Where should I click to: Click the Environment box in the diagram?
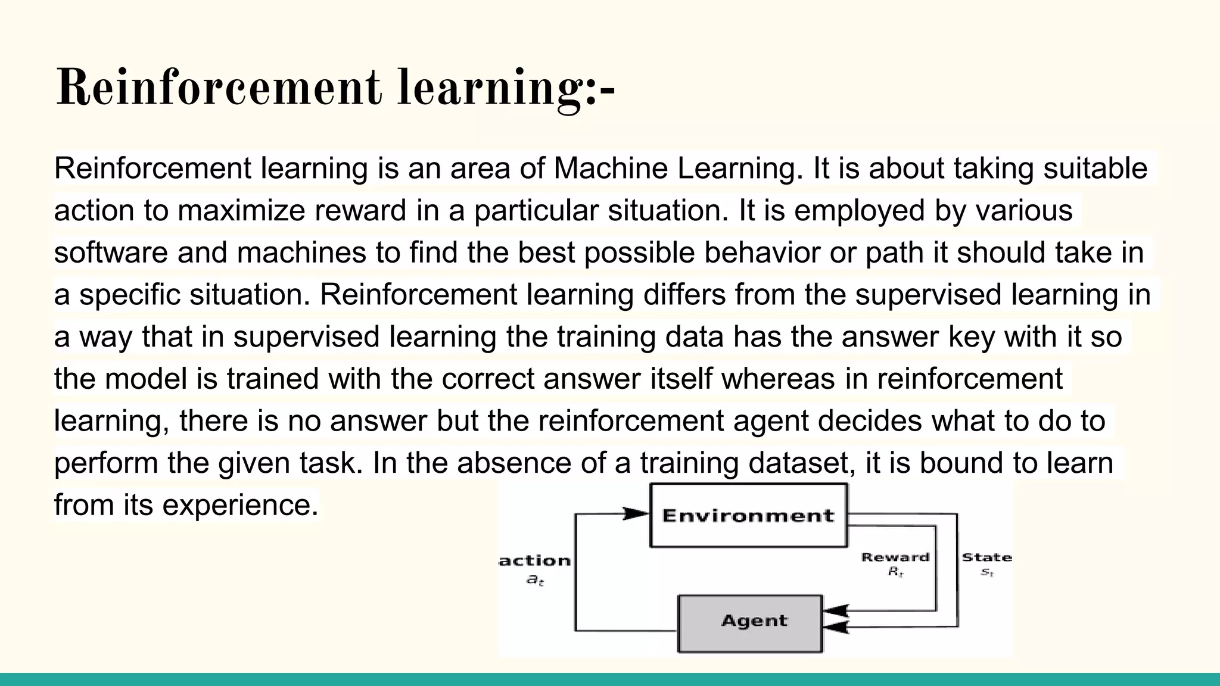[x=748, y=515]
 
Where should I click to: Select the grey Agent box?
[x=750, y=623]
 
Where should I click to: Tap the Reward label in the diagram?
[x=895, y=558]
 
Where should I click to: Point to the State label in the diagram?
[x=986, y=558]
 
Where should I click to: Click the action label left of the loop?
[x=535, y=561]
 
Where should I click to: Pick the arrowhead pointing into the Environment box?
[x=635, y=513]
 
